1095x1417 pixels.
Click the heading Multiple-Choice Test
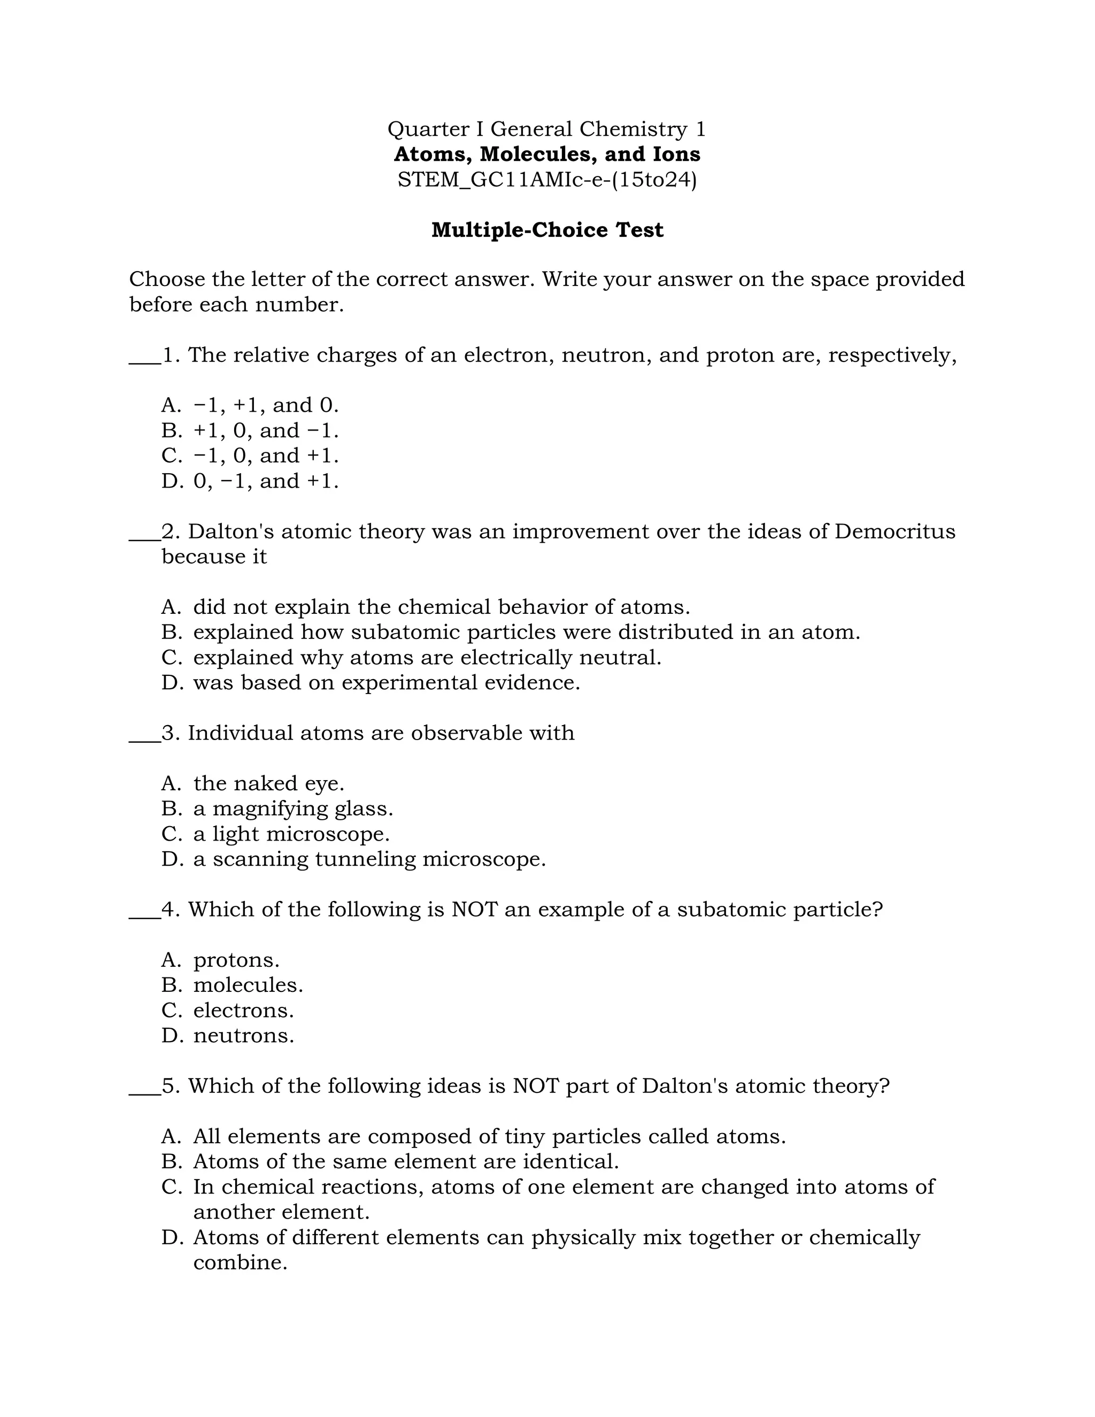click(x=547, y=230)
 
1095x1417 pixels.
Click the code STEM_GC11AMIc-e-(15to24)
click(x=547, y=179)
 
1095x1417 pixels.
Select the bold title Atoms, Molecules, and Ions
click(x=547, y=155)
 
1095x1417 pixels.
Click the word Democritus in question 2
click(x=894, y=532)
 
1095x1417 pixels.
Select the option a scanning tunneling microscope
click(x=369, y=859)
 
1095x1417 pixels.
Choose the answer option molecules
click(x=248, y=985)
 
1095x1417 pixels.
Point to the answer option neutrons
click(x=243, y=1036)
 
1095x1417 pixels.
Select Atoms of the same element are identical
click(x=405, y=1161)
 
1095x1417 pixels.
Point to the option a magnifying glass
click(x=292, y=808)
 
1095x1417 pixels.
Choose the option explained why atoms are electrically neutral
click(x=427, y=657)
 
